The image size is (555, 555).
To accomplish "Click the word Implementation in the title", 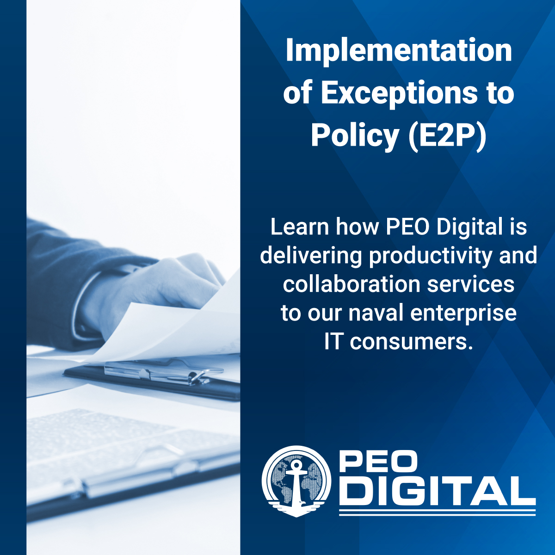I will tap(399, 51).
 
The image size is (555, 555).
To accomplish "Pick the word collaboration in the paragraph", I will tap(351, 284).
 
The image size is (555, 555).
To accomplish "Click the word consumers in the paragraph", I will tap(411, 342).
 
